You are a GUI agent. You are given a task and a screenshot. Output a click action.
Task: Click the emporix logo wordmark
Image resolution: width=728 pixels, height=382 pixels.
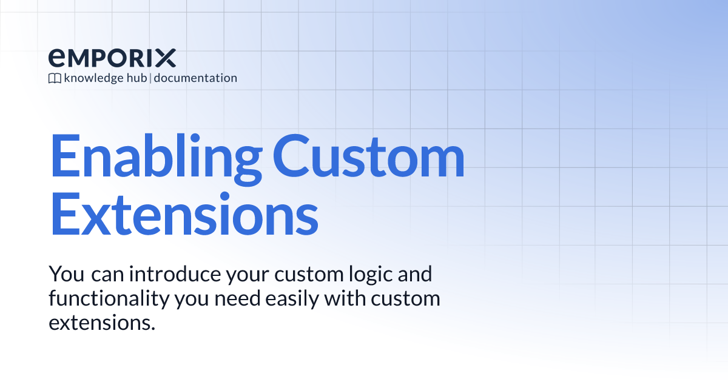(x=112, y=58)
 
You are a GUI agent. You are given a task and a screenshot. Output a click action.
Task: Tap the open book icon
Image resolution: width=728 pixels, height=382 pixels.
(x=55, y=78)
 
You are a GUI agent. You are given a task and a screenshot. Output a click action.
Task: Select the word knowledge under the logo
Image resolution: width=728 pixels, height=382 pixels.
(x=91, y=78)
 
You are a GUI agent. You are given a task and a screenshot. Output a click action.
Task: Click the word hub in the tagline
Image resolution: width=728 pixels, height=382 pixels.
(x=135, y=78)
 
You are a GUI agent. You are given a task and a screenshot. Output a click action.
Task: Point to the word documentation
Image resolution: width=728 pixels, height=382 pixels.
(x=195, y=78)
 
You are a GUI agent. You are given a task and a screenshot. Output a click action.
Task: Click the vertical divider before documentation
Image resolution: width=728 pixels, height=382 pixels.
(x=150, y=78)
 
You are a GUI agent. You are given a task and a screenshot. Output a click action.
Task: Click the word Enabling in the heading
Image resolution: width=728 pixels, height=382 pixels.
(x=154, y=157)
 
